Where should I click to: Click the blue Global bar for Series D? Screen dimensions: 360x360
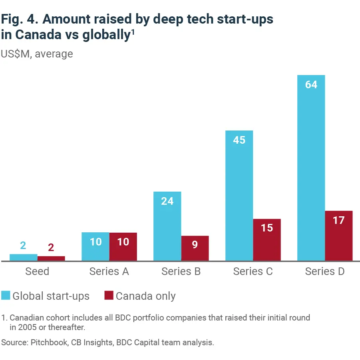pos(311,168)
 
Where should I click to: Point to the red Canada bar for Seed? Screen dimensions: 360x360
pos(51,259)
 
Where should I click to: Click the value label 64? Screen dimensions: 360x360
pos(311,85)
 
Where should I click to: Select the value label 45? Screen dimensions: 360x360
pos(239,140)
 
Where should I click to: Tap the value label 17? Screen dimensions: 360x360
pos(338,220)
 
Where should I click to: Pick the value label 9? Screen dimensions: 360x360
pos(195,245)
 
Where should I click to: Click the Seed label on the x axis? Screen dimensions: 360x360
pos(37,272)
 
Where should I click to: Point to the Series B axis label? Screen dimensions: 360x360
pos(181,272)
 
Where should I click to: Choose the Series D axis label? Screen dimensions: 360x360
pos(325,272)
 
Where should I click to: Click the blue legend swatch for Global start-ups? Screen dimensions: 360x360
pos(6,296)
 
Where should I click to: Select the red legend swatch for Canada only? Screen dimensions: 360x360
pos(109,296)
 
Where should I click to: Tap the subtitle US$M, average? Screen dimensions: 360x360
pos(37,53)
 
